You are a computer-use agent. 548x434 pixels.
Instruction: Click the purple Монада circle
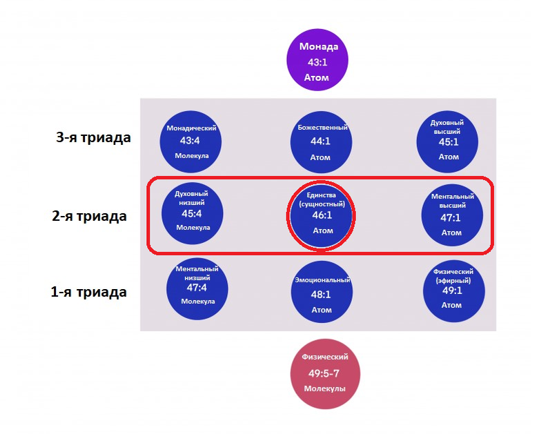(317, 61)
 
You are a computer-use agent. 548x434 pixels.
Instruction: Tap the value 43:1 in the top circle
(317, 62)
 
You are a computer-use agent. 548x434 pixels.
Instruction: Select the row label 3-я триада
(93, 137)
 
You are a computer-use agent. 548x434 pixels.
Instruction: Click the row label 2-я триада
(90, 216)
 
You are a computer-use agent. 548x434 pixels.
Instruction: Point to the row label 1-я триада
(89, 292)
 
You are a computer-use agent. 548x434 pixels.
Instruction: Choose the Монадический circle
(191, 141)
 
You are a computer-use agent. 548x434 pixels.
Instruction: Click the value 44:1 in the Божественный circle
(322, 142)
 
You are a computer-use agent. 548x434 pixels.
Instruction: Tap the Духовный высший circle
(449, 141)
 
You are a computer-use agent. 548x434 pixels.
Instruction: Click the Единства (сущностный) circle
(322, 215)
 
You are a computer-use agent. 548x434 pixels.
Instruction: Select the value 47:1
(451, 219)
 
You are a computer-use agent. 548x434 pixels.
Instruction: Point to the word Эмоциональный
(322, 280)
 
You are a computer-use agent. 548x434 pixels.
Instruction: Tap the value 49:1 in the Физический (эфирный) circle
(453, 291)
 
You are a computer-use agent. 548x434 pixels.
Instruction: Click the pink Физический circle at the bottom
(325, 373)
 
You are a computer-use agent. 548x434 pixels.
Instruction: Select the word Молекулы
(325, 389)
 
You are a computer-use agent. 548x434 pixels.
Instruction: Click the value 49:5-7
(325, 373)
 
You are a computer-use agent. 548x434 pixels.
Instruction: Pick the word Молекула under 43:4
(191, 156)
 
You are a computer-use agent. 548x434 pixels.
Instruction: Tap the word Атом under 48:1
(322, 310)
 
